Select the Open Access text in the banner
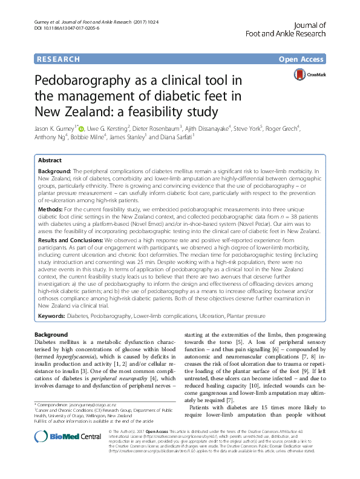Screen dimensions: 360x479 (302, 59)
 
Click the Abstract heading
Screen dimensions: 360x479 (50, 160)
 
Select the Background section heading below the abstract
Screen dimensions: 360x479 (51, 334)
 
